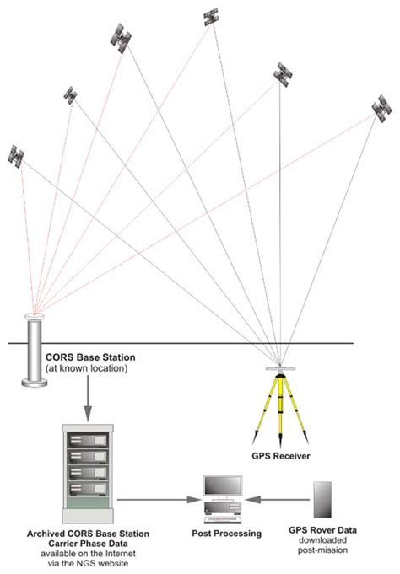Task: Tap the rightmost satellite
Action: [x=381, y=109]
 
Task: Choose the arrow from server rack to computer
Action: [x=156, y=499]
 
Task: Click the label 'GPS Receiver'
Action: [x=279, y=456]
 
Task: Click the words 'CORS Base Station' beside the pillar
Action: [x=89, y=357]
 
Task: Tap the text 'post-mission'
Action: [x=325, y=550]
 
